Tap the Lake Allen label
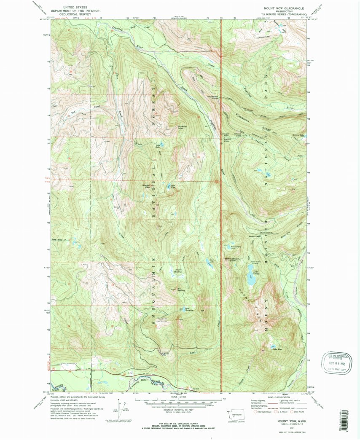tap(277, 349)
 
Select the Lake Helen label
tap(159, 146)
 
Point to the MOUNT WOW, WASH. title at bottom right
tap(291, 421)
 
